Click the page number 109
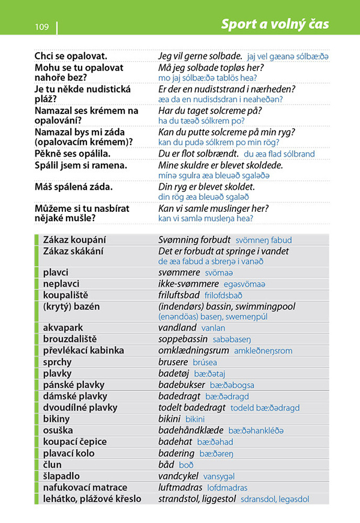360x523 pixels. pos(42,27)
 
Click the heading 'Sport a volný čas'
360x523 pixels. pos(275,24)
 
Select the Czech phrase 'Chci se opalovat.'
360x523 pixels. pos(71,56)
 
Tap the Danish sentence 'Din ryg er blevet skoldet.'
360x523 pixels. pos(206,187)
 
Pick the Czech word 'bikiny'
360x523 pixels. pos(56,419)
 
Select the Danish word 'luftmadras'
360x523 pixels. pos(181,487)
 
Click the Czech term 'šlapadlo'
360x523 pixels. pos(61,476)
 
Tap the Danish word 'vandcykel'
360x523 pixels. pos(179,476)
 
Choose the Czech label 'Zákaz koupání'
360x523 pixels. pos(74,240)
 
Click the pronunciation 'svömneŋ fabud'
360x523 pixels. pos(264,241)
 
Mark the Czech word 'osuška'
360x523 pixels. pos(58,430)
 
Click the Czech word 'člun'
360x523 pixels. pos(52,464)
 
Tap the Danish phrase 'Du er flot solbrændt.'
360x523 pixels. pos(198,154)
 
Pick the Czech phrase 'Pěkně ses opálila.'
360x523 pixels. pos(72,154)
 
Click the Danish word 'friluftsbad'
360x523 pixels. pos(179,295)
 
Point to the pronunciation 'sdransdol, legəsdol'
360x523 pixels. pos(275,499)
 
